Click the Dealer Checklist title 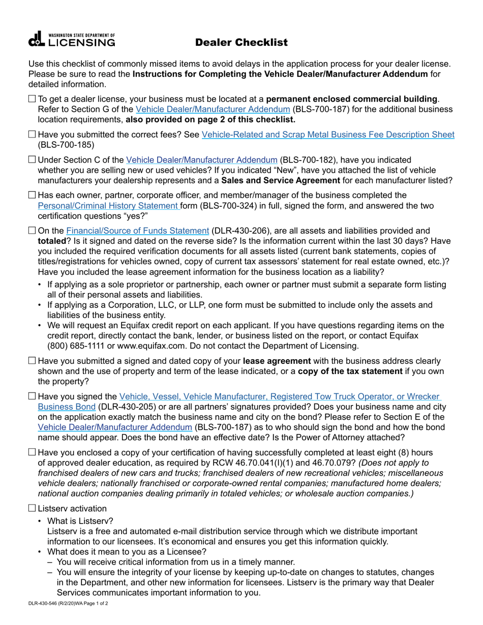coord(242,43)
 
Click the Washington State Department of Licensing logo coord(72,40)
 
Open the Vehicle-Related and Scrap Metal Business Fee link coord(328,135)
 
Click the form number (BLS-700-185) coord(66,145)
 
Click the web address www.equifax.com coord(130,346)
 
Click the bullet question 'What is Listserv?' coord(80,521)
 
